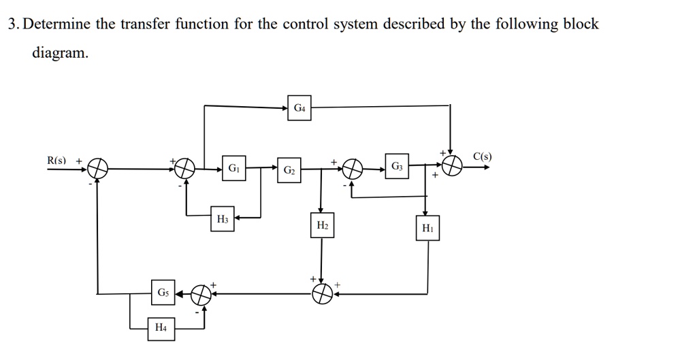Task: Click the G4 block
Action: click(299, 108)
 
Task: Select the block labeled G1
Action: click(233, 167)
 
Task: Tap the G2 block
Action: click(289, 168)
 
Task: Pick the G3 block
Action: click(397, 166)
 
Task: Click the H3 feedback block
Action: click(223, 218)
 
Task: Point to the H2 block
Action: click(322, 225)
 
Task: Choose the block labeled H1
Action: click(427, 229)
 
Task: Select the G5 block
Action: click(163, 293)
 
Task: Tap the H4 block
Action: click(161, 328)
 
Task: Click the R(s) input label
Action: click(56, 161)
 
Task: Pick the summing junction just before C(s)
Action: click(451, 166)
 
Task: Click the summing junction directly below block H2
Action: click(322, 293)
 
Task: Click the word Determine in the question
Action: click(58, 24)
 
